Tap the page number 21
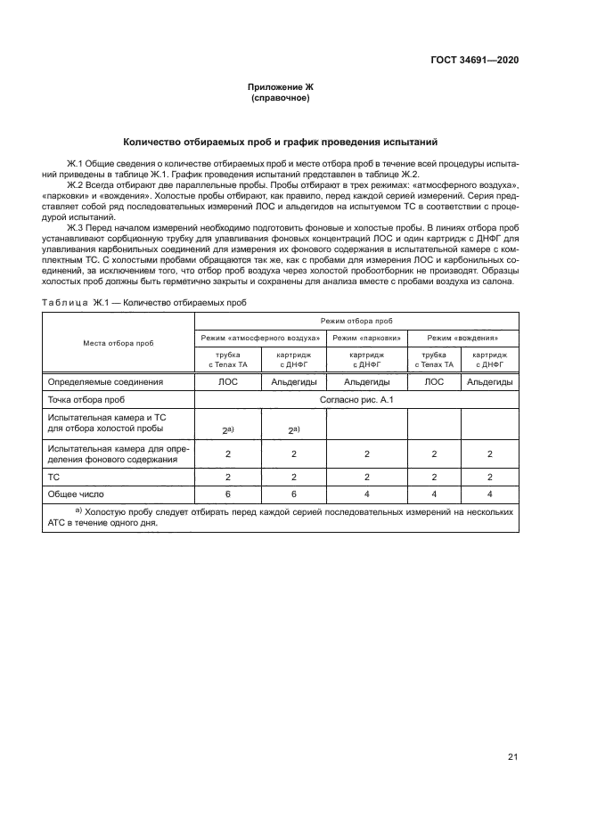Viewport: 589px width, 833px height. click(x=512, y=757)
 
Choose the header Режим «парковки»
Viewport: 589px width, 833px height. click(x=367, y=338)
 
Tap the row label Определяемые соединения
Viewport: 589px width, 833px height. click(x=105, y=381)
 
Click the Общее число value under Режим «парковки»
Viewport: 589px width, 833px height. click(x=367, y=494)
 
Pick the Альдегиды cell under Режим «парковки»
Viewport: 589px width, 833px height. click(x=367, y=381)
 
